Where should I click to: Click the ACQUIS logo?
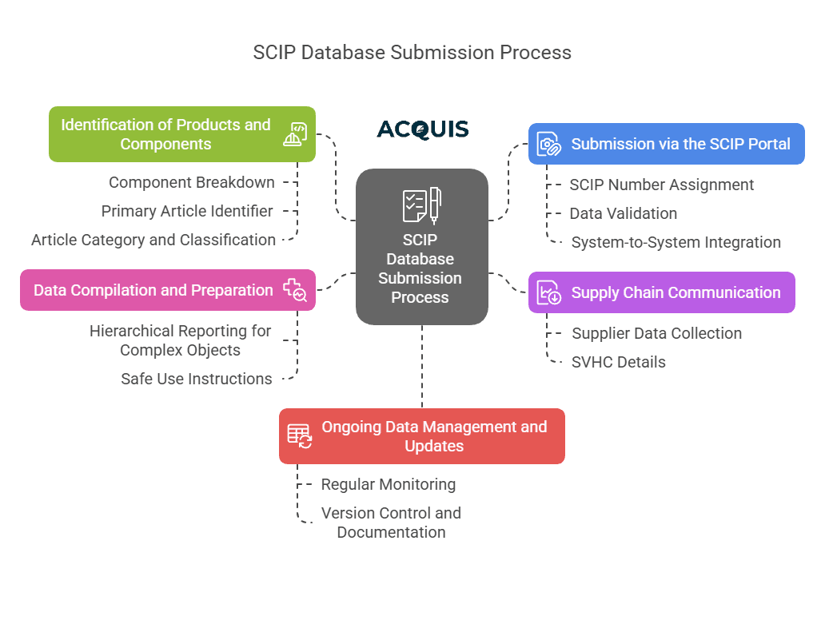[423, 129]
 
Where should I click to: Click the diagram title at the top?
[412, 53]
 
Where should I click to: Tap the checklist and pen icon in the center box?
[421, 205]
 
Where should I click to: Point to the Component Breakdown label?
[192, 182]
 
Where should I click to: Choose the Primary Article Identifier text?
[187, 211]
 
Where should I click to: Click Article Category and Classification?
[153, 240]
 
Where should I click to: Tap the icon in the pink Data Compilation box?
[295, 290]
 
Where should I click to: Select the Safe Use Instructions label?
[197, 379]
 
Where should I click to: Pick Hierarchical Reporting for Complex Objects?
[180, 340]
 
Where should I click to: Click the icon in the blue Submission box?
[548, 145]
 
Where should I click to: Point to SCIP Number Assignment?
[661, 185]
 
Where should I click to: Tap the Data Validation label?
[623, 213]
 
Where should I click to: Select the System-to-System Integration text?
[676, 242]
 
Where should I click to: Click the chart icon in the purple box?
[548, 293]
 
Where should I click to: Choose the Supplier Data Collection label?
[656, 333]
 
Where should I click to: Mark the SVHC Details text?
[618, 362]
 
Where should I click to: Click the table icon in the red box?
[300, 435]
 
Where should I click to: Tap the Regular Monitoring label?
[389, 484]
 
